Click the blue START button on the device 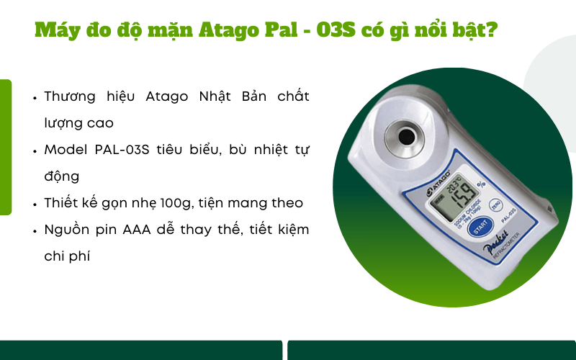point(480,228)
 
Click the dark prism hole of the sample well point(407,136)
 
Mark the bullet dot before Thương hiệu point(35,97)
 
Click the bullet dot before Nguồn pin point(35,230)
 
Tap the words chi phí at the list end point(67,256)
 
